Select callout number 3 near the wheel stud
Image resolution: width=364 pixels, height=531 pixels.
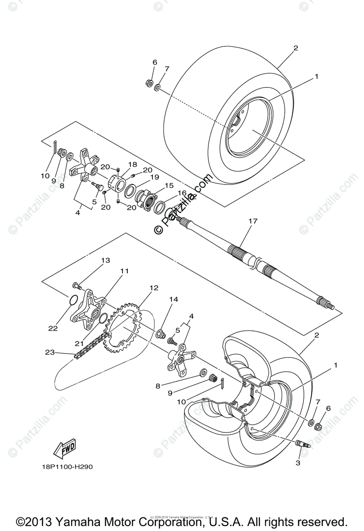(x=298, y=463)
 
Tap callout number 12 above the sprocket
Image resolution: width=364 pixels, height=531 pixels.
(x=153, y=288)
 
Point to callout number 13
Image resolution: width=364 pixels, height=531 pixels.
(x=105, y=261)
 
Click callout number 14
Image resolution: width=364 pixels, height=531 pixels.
(x=173, y=300)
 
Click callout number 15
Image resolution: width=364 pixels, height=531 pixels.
(x=169, y=186)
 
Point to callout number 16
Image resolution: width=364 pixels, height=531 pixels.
(x=182, y=193)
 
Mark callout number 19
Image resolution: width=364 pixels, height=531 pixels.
(x=154, y=177)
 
